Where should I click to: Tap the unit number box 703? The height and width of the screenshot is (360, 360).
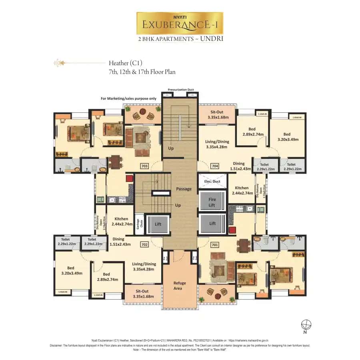pos(145,166)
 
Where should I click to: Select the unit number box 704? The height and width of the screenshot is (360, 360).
pos(215,166)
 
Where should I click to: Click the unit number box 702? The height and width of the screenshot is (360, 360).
pos(145,244)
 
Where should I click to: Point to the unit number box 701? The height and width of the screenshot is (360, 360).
pos(215,244)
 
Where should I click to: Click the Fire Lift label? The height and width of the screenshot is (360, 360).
pos(212,202)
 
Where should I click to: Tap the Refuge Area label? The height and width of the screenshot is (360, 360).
pos(180,286)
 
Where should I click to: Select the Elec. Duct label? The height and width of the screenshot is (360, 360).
pos(212,181)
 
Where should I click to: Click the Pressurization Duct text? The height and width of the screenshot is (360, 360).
pos(180,90)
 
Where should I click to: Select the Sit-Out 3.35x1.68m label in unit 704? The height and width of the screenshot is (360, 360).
pos(218,115)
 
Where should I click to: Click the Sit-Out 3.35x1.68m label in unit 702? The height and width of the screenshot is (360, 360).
pos(142,294)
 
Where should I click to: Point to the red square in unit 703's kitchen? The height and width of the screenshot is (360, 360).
pos(129,179)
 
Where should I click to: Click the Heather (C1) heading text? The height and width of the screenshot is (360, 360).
pos(126,63)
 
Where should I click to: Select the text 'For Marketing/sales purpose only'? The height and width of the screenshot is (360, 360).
pos(128,98)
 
